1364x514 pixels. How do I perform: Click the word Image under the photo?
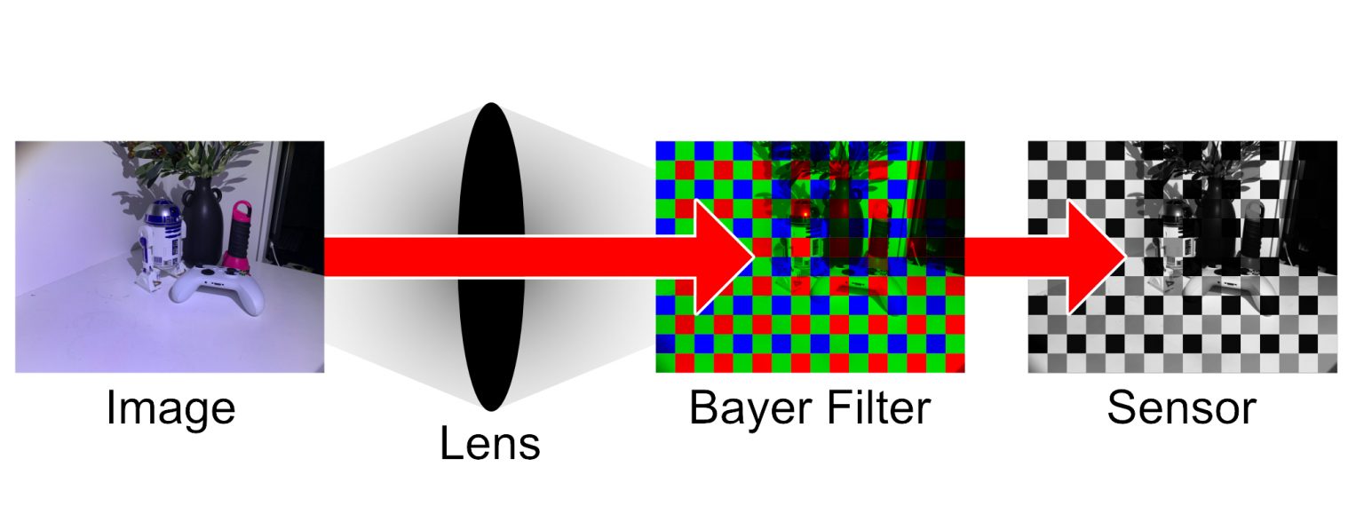click(170, 409)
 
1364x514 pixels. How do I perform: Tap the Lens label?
click(490, 444)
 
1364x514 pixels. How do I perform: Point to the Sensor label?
click(1181, 407)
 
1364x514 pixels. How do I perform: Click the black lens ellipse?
click(491, 257)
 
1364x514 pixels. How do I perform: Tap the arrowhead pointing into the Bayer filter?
click(726, 257)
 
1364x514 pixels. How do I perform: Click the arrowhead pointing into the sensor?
click(1097, 257)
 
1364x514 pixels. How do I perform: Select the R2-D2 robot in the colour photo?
click(160, 243)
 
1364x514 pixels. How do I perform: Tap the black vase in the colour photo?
click(202, 222)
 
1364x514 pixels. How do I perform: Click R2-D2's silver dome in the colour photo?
click(163, 212)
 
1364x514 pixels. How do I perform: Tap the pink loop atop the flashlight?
click(242, 210)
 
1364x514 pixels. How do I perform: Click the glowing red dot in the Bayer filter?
click(805, 214)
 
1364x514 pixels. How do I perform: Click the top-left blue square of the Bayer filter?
click(665, 151)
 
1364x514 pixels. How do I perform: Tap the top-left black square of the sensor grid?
click(1037, 151)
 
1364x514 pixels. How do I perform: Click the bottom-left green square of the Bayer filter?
click(665, 363)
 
